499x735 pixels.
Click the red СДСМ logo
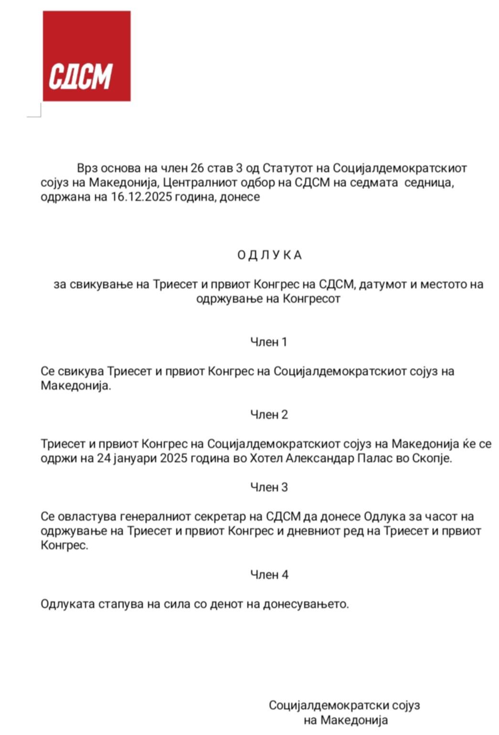[86, 56]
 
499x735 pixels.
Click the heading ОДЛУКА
[269, 255]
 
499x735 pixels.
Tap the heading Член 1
[269, 342]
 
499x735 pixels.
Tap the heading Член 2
[269, 414]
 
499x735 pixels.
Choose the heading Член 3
[269, 487]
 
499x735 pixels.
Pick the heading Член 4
[269, 574]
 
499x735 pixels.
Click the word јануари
[135, 458]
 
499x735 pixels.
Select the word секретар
[224, 517]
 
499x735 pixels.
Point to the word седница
[429, 183]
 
